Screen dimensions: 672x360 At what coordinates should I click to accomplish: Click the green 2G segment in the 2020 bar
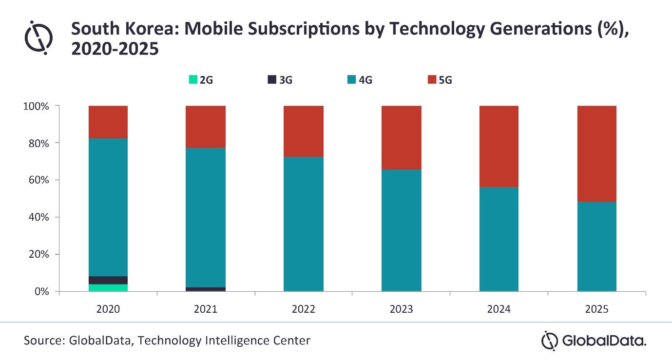108,288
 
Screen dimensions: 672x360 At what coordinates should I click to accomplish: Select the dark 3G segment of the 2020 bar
108,280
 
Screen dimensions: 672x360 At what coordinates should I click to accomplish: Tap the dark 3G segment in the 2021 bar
206,289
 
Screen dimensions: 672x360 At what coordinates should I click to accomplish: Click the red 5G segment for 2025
597,154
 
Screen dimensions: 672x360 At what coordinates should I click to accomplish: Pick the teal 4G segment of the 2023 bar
402,230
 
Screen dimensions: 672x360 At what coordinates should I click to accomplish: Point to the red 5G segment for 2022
304,132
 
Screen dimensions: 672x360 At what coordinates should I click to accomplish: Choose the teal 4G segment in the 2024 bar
499,239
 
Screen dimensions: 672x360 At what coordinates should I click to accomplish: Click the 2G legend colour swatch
193,79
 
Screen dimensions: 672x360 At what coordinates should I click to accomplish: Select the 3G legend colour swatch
272,79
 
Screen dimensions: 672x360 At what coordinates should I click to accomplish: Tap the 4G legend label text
365,80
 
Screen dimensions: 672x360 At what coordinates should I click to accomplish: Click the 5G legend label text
445,80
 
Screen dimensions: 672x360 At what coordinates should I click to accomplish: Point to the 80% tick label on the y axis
38,143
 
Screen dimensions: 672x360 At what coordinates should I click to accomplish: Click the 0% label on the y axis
42,291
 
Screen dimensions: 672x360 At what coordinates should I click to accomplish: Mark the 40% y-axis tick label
38,217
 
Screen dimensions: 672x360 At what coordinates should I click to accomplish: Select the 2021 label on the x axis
206,309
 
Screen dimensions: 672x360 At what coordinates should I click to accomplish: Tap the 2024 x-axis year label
499,309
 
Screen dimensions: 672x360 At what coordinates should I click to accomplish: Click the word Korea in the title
152,29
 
